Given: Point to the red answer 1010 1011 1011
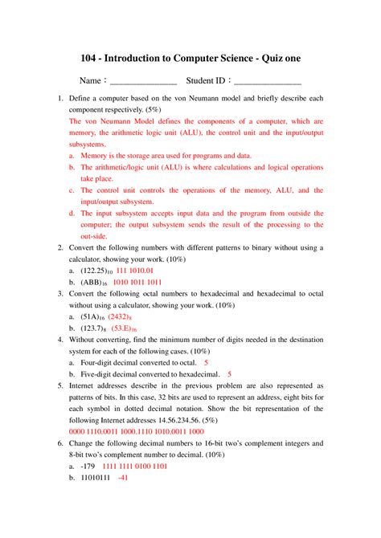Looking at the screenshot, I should tap(137, 283).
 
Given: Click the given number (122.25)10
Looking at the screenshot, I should tap(99, 271).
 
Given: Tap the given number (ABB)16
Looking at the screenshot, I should tap(94, 283).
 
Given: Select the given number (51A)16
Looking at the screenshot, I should tap(94, 317).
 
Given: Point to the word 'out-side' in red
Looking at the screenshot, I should tap(95, 237).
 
